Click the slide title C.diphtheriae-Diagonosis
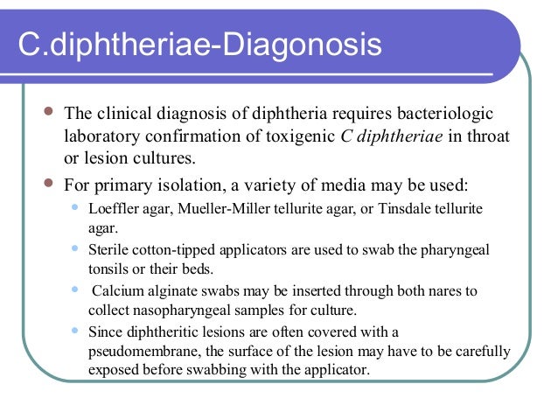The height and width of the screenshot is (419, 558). click(201, 45)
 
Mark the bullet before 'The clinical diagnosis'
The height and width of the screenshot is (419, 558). click(47, 114)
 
